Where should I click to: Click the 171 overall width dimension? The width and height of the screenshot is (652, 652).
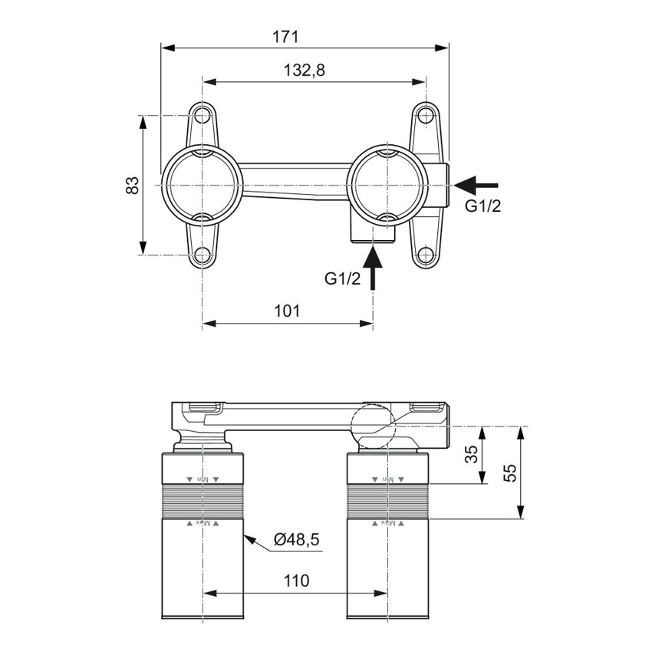(285, 36)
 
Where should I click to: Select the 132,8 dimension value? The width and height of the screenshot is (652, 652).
(305, 70)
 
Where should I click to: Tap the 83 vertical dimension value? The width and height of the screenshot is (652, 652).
(133, 185)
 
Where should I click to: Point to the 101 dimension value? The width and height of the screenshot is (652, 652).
(286, 311)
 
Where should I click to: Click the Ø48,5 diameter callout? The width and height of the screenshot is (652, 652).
(296, 540)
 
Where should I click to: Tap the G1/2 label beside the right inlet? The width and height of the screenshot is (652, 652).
(482, 206)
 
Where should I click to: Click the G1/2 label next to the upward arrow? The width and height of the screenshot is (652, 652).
(342, 278)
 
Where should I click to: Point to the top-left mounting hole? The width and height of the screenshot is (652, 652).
(202, 116)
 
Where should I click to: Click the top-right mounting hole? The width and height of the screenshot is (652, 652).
(426, 116)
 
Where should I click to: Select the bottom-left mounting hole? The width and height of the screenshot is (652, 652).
(202, 255)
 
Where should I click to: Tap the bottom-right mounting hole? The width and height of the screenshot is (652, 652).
(426, 255)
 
